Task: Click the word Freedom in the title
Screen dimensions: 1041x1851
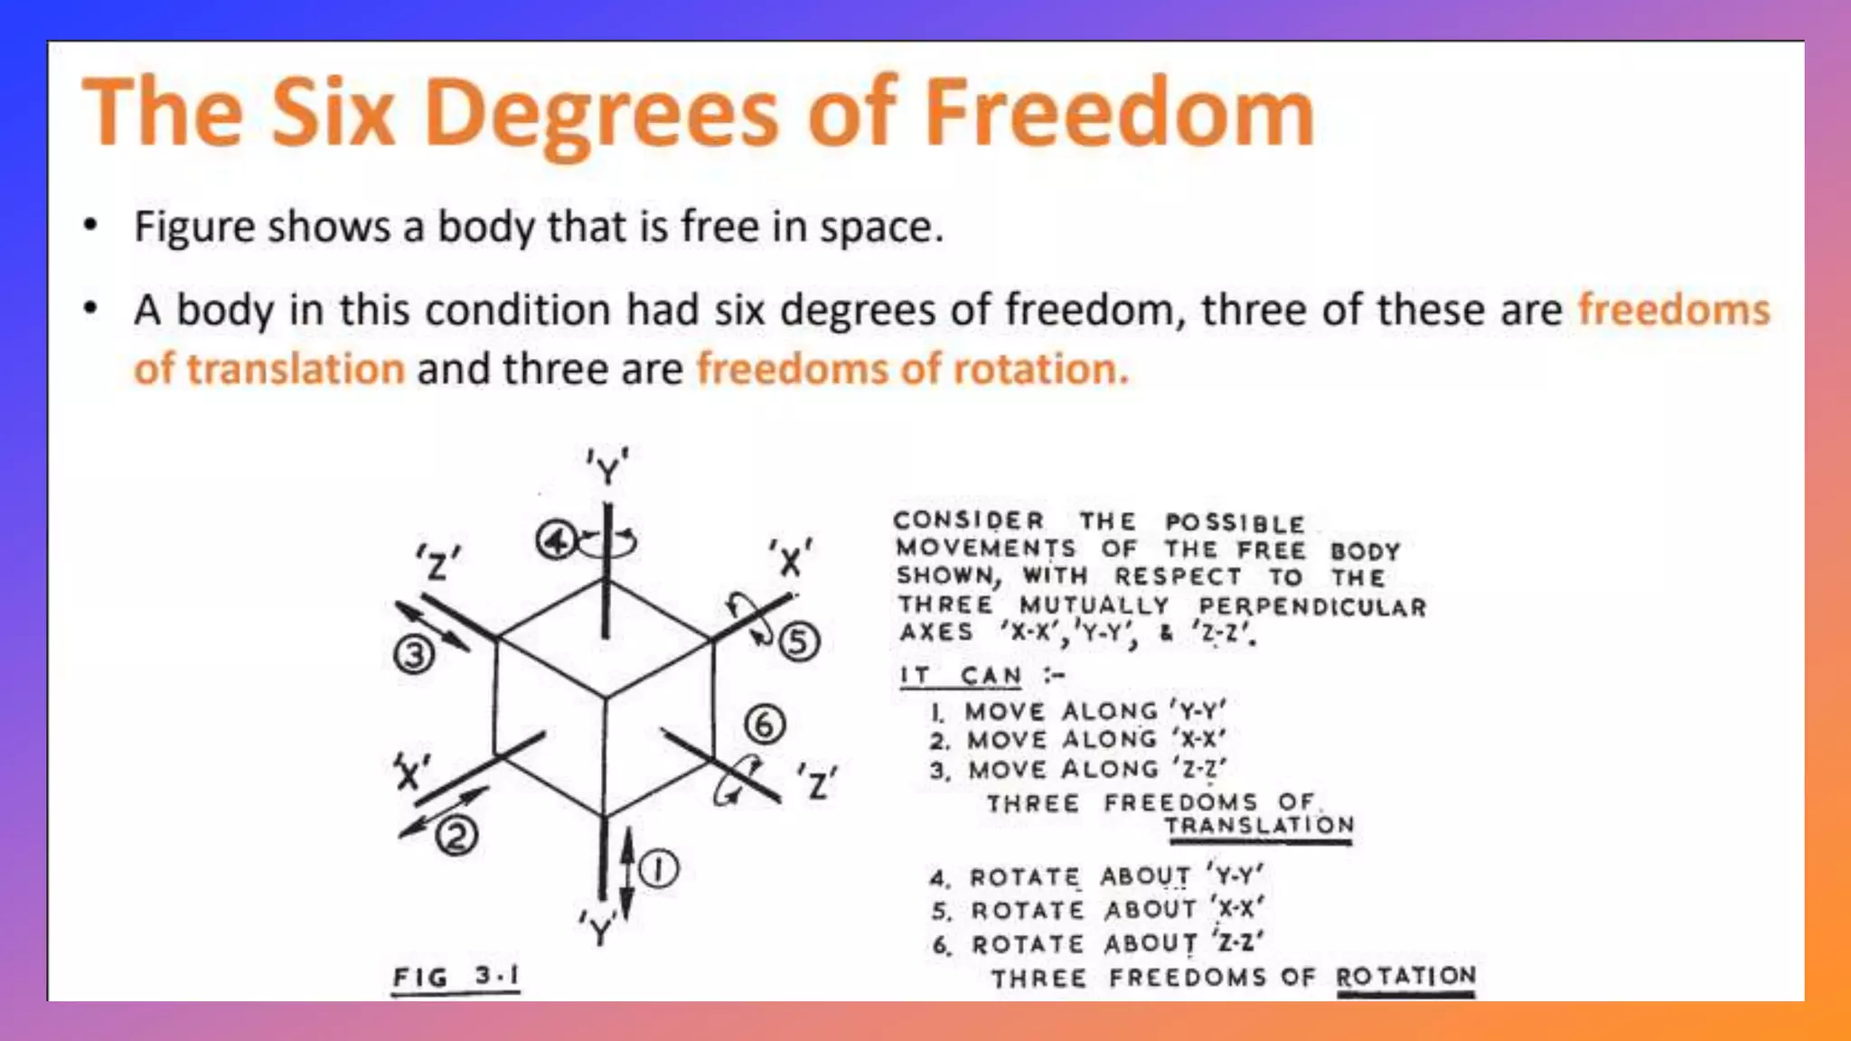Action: click(1119, 113)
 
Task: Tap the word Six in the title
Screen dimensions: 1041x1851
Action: click(333, 113)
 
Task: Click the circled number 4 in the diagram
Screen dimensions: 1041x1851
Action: click(555, 541)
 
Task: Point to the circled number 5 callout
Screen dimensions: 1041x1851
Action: click(799, 642)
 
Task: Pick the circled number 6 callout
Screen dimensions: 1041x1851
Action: click(765, 725)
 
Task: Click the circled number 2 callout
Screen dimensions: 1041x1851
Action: click(456, 837)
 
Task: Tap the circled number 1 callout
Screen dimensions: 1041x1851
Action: click(659, 870)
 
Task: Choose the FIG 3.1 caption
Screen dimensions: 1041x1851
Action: click(456, 977)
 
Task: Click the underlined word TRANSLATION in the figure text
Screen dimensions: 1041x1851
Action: click(1259, 826)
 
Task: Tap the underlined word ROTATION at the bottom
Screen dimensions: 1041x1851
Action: click(1405, 977)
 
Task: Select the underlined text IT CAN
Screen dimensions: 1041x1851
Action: click(961, 676)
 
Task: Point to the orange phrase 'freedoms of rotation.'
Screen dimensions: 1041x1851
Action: click(913, 369)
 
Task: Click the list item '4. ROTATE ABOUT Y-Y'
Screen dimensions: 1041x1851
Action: click(1097, 877)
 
